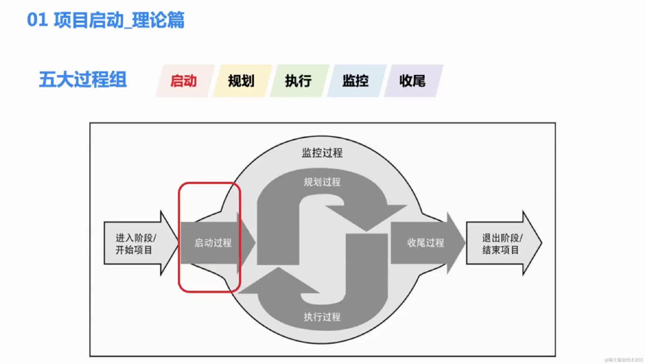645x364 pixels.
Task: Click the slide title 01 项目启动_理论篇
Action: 106,20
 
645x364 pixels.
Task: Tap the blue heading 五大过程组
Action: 83,80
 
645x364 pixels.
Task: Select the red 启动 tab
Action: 184,81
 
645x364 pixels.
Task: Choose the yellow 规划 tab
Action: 241,81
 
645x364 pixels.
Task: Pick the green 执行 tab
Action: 298,81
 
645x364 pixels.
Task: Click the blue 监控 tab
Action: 356,81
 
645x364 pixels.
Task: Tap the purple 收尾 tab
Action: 412,81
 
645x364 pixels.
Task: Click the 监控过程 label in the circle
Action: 322,153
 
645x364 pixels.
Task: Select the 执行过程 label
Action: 322,317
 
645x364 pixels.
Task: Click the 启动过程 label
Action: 213,243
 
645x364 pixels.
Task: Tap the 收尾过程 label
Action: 426,243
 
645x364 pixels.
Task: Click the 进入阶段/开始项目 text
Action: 136,244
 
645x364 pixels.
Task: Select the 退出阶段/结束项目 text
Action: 502,244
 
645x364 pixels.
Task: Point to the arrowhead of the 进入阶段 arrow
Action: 169,243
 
